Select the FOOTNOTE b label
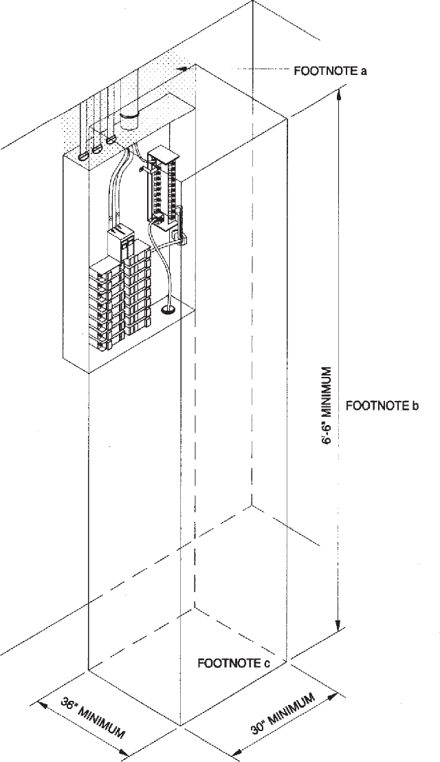tap(382, 405)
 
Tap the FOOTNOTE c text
tap(233, 663)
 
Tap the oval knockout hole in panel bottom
tap(167, 310)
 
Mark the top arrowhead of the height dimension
tap(337, 94)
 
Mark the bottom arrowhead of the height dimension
tap(337, 627)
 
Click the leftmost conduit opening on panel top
tap(83, 156)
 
